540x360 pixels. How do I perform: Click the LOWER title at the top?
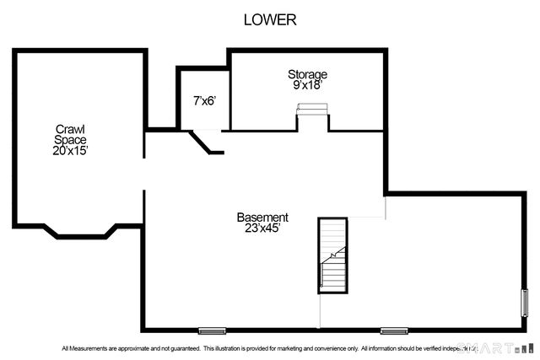[270, 20]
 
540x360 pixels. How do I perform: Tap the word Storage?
[307, 74]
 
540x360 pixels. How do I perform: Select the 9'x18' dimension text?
[307, 85]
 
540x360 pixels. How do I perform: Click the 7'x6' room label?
[204, 101]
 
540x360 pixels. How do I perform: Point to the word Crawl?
[70, 129]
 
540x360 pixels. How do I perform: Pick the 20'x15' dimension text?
[70, 150]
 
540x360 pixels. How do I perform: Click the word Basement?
[262, 217]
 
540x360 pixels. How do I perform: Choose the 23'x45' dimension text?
[262, 228]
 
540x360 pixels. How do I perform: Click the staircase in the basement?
[332, 255]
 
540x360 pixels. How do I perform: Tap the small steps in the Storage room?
[311, 109]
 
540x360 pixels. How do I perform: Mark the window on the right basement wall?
[525, 301]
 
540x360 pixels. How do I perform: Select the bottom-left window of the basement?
[212, 330]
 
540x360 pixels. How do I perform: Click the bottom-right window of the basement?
[393, 330]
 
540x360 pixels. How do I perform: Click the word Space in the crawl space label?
[70, 139]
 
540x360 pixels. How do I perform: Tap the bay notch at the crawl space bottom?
[80, 230]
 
